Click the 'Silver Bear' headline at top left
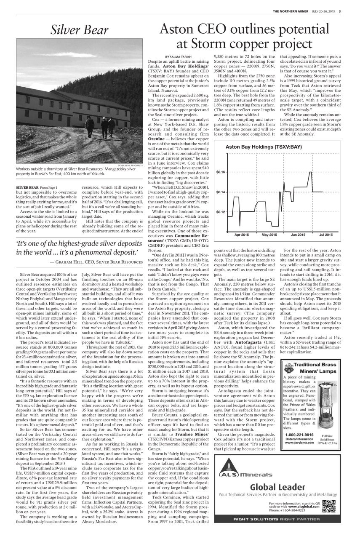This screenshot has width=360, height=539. coord(80,29)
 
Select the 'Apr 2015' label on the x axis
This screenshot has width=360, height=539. coord(242,235)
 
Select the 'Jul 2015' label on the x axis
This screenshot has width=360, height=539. coord(325,235)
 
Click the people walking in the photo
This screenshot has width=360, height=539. coord(100,125)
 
